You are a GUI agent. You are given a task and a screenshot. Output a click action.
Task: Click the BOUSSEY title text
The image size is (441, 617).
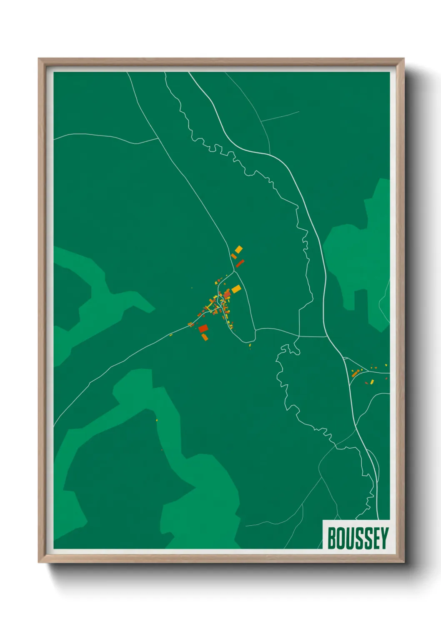(x=358, y=538)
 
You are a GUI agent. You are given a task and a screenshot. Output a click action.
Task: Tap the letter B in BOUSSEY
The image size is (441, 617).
(x=332, y=538)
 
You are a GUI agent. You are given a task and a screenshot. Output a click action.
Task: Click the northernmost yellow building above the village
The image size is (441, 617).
(x=238, y=249)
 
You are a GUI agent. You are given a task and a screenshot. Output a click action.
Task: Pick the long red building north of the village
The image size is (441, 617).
(x=240, y=263)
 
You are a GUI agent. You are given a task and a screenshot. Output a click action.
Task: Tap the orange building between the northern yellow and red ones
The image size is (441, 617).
(x=234, y=256)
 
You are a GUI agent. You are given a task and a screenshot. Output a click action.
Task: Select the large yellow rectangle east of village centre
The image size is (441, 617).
(x=236, y=289)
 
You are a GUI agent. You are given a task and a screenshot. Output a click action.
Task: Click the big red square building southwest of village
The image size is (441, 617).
(x=203, y=329)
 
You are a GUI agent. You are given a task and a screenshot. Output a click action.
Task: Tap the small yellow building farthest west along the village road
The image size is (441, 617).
(x=171, y=335)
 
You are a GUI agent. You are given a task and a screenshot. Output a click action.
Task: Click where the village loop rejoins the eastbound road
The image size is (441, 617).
(x=255, y=329)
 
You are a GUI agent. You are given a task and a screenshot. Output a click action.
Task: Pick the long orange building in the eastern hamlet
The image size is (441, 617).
(x=355, y=374)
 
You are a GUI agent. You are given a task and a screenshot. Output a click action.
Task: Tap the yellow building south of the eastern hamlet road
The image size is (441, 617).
(x=372, y=381)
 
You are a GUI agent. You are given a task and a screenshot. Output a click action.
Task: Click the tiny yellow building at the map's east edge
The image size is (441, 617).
(x=386, y=366)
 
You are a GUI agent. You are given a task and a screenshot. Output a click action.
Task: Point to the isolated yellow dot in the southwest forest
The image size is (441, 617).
(x=157, y=420)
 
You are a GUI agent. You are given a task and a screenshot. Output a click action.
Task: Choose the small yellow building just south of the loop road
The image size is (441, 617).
(x=250, y=345)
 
